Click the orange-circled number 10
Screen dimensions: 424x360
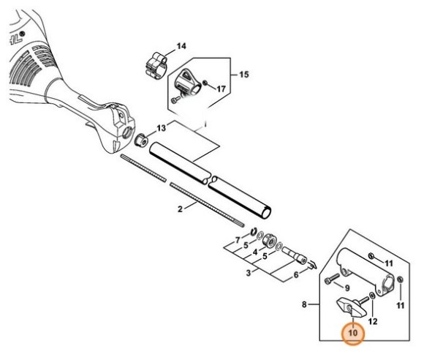353,333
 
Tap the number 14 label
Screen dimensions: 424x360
181,46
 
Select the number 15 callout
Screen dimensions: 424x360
243,75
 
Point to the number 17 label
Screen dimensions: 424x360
222,89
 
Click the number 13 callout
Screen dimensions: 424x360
162,128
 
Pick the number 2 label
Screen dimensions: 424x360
180,209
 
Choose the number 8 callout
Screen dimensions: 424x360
304,304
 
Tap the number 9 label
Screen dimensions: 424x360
347,288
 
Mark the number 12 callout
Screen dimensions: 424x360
373,321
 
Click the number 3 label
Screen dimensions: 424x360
249,273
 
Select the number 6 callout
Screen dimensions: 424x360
296,275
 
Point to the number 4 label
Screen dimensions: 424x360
255,252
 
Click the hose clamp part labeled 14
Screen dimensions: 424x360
156,65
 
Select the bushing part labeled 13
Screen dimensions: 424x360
140,140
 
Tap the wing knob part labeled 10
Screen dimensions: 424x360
351,308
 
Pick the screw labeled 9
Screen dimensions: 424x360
331,279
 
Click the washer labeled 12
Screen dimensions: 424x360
372,296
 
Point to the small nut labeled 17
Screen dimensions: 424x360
205,82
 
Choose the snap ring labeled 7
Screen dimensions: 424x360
254,231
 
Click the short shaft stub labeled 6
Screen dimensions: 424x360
295,255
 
